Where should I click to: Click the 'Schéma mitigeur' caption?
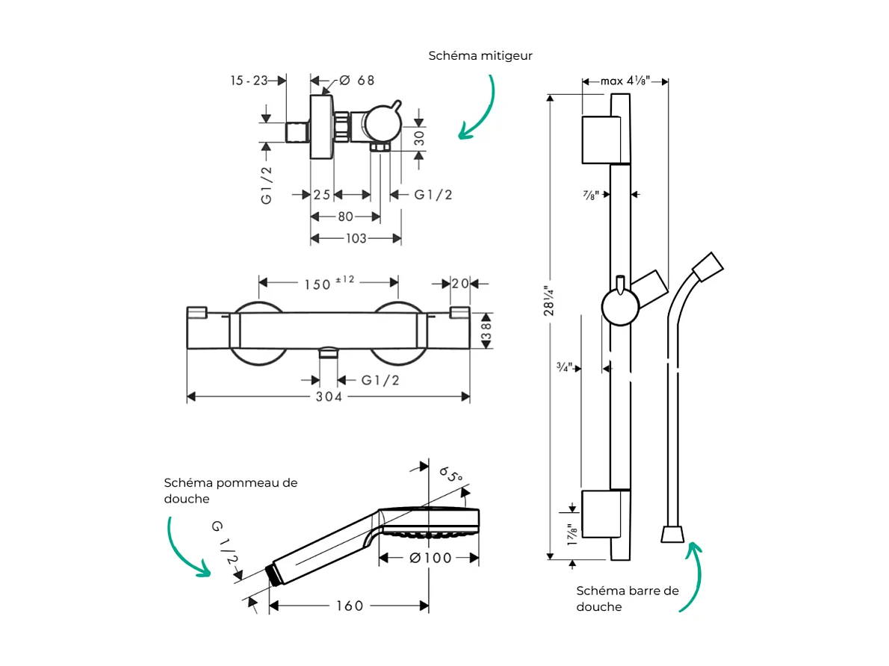click(x=480, y=56)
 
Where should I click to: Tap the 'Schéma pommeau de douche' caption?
click(x=230, y=491)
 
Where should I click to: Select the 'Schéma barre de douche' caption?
click(x=628, y=598)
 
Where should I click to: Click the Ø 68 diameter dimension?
click(x=356, y=81)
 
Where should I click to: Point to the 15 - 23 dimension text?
click(x=249, y=81)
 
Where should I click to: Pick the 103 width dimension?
click(x=356, y=239)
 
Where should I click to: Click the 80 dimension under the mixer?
click(x=345, y=217)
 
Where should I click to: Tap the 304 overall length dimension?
click(x=328, y=397)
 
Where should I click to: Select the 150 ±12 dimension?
click(x=328, y=283)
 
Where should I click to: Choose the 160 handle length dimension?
click(x=349, y=606)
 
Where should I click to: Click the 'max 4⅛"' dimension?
click(x=625, y=81)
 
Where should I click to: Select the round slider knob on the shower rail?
click(x=619, y=307)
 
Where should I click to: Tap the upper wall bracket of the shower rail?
click(x=601, y=140)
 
